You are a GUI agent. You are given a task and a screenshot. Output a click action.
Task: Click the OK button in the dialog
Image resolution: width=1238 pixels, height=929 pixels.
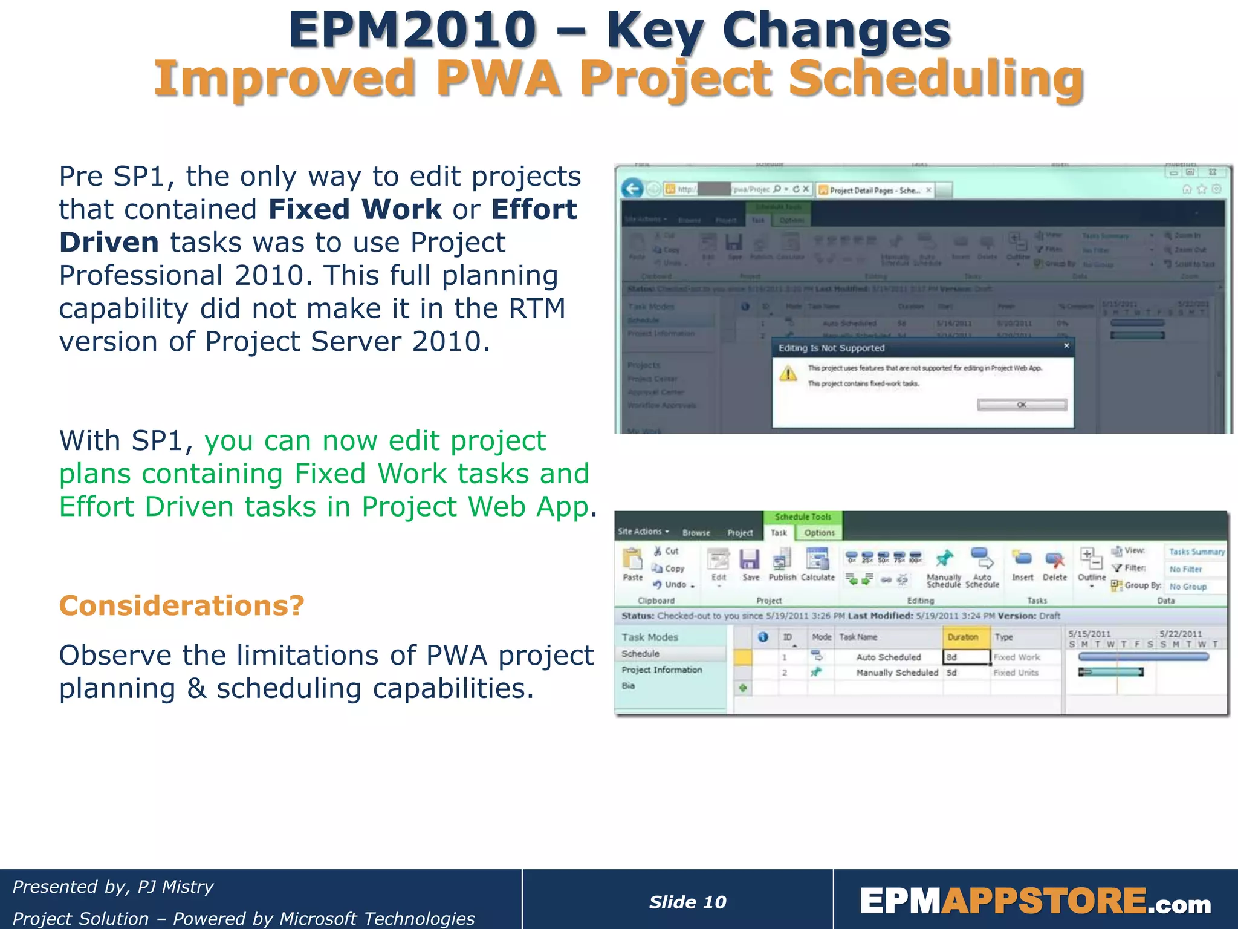point(1022,405)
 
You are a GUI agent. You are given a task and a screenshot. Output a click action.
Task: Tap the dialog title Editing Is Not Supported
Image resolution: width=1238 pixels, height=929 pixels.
point(831,348)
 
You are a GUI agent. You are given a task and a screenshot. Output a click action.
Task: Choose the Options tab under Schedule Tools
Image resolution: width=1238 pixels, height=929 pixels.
point(819,533)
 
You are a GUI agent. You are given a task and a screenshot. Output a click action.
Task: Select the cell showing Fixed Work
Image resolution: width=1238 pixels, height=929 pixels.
point(1017,657)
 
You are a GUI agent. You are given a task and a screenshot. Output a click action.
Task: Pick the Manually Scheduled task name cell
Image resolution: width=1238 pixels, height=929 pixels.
point(897,673)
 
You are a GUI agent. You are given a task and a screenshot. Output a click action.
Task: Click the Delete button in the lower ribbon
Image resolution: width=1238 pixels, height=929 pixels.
point(1055,565)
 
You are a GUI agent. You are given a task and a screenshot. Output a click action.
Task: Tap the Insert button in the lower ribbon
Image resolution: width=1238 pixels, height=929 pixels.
point(1022,565)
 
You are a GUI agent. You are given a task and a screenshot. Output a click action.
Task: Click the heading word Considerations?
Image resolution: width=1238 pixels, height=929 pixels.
point(181,605)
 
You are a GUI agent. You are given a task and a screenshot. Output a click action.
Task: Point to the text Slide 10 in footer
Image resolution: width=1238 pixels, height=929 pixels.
point(687,902)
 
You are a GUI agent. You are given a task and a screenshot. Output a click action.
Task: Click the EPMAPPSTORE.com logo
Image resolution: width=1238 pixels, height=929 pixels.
point(1035,902)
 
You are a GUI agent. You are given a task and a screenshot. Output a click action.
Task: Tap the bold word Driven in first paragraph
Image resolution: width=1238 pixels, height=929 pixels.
point(109,243)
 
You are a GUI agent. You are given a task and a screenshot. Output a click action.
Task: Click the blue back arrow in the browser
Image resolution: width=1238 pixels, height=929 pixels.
point(632,189)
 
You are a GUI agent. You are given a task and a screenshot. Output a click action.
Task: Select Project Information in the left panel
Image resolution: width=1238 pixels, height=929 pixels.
point(662,670)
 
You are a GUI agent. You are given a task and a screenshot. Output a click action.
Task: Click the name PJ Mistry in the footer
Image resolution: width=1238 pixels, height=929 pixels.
point(175,887)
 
